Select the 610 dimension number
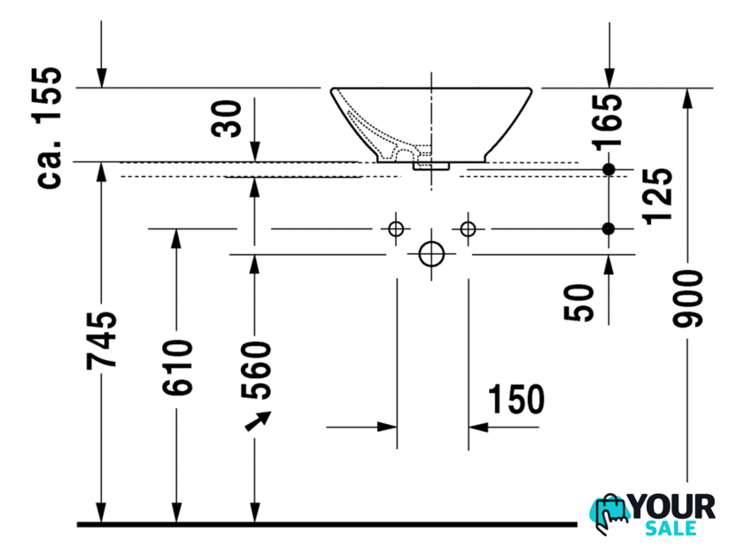click(178, 366)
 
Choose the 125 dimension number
click(659, 196)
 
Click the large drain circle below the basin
click(431, 254)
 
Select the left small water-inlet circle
click(396, 229)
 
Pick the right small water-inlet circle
click(468, 229)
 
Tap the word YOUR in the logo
click(672, 507)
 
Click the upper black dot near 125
click(608, 169)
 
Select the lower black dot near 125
click(608, 229)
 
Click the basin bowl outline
click(431, 124)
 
